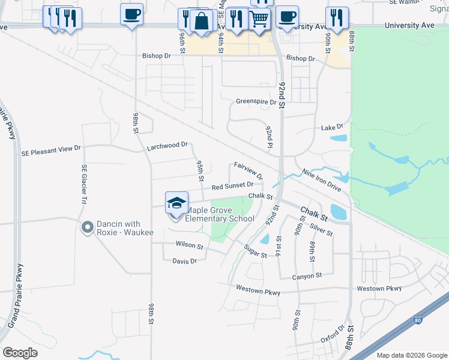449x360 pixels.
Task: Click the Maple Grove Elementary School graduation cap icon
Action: (x=176, y=203)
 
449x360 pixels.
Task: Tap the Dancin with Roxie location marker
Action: (x=87, y=227)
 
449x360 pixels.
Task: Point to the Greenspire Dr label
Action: (x=256, y=102)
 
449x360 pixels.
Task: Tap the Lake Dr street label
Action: (x=332, y=127)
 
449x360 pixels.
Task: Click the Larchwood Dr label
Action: (x=167, y=145)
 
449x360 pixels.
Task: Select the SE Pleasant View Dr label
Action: (x=50, y=149)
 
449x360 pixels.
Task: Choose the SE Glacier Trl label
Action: (x=84, y=183)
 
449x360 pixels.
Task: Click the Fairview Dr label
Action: (x=248, y=170)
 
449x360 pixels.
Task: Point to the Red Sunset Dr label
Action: (x=232, y=187)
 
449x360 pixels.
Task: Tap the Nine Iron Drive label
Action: (x=321, y=180)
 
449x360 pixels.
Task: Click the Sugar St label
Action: (x=255, y=251)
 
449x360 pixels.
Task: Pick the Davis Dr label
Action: (x=184, y=261)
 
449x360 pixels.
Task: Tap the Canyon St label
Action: (x=307, y=275)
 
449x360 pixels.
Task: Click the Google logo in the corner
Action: (x=20, y=352)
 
